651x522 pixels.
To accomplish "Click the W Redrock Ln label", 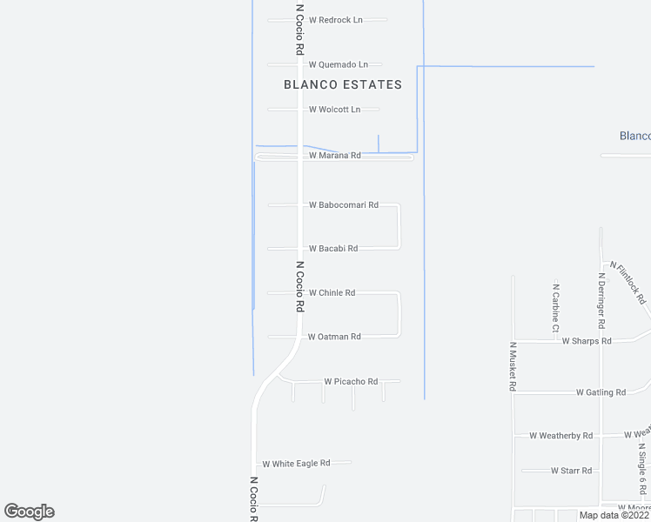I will point(335,20).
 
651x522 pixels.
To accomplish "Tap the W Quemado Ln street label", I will point(339,64).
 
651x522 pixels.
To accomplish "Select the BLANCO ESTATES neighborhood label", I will point(343,84).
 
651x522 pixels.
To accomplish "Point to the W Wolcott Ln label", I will point(334,110).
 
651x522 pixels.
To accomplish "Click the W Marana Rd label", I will point(334,156).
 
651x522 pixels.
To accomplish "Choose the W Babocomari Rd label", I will point(344,205).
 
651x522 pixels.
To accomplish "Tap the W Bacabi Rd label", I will point(333,249).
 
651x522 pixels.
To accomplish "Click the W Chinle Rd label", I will point(332,293).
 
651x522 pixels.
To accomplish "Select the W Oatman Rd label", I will point(334,337).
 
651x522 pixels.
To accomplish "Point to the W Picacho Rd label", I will point(351,382).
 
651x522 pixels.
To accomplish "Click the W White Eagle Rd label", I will point(296,464).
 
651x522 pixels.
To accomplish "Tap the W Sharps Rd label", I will point(587,341).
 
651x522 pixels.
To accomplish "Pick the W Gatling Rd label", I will point(601,392).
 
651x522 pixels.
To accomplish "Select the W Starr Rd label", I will point(571,471).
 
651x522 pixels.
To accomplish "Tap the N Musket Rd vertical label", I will point(512,366).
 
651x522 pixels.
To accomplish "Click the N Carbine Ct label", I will point(555,307).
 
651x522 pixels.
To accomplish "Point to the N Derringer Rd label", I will point(601,298).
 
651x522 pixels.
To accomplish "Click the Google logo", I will point(30,512).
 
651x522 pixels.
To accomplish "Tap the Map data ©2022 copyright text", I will point(614,515).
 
